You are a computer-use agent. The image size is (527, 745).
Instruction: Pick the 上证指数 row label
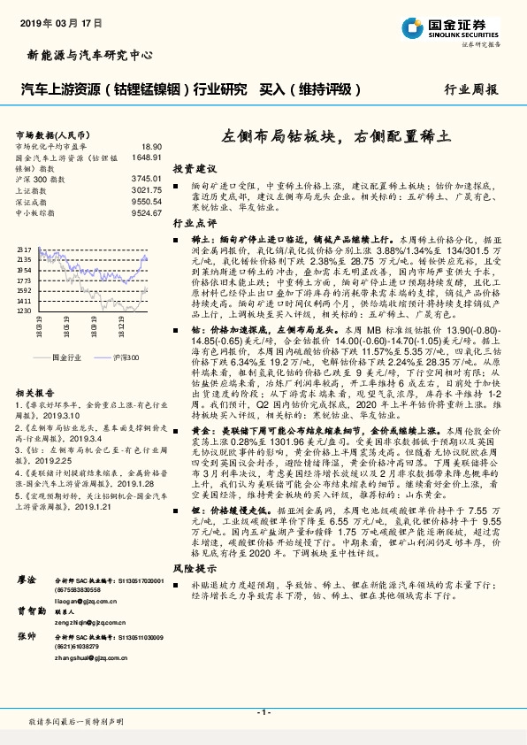31,189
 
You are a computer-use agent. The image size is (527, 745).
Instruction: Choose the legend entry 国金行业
66,357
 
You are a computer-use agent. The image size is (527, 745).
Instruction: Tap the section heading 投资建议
194,167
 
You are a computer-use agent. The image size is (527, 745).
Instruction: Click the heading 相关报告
36,392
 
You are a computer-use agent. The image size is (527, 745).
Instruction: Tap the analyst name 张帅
26,611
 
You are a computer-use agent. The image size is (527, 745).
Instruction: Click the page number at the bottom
263,712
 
